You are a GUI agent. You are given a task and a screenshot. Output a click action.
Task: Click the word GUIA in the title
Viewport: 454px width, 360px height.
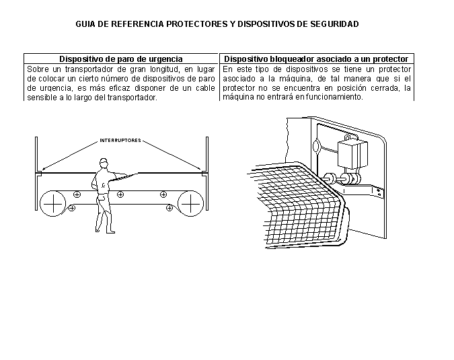85,24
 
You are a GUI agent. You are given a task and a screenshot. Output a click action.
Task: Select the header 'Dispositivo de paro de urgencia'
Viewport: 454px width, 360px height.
121,59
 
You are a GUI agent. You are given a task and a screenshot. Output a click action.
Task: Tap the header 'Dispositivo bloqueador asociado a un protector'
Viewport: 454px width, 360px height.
316,59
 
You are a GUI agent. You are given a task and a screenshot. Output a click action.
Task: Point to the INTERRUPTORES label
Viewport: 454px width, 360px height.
120,140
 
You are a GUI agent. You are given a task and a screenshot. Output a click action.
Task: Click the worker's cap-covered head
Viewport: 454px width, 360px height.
104,164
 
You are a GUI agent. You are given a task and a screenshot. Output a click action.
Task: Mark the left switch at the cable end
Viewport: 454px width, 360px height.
39,173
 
